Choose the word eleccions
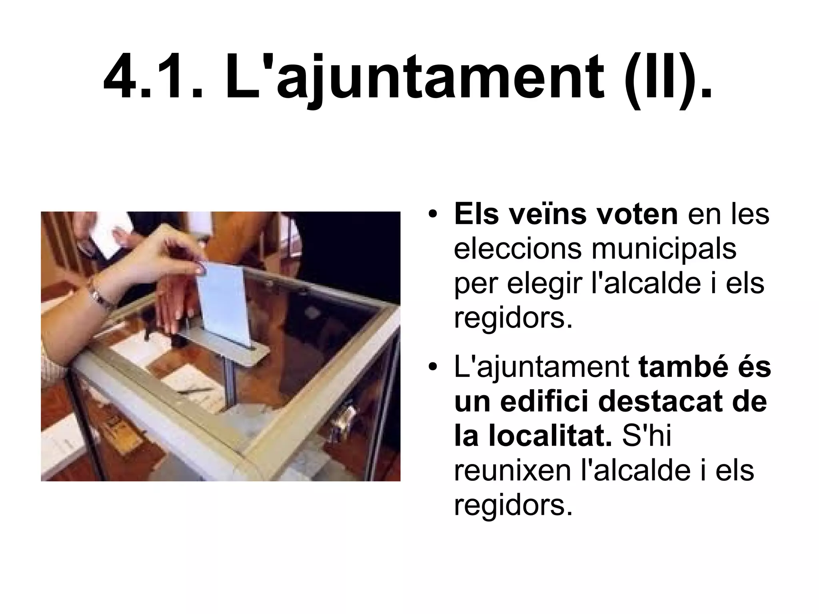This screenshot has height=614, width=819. tap(517, 249)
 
